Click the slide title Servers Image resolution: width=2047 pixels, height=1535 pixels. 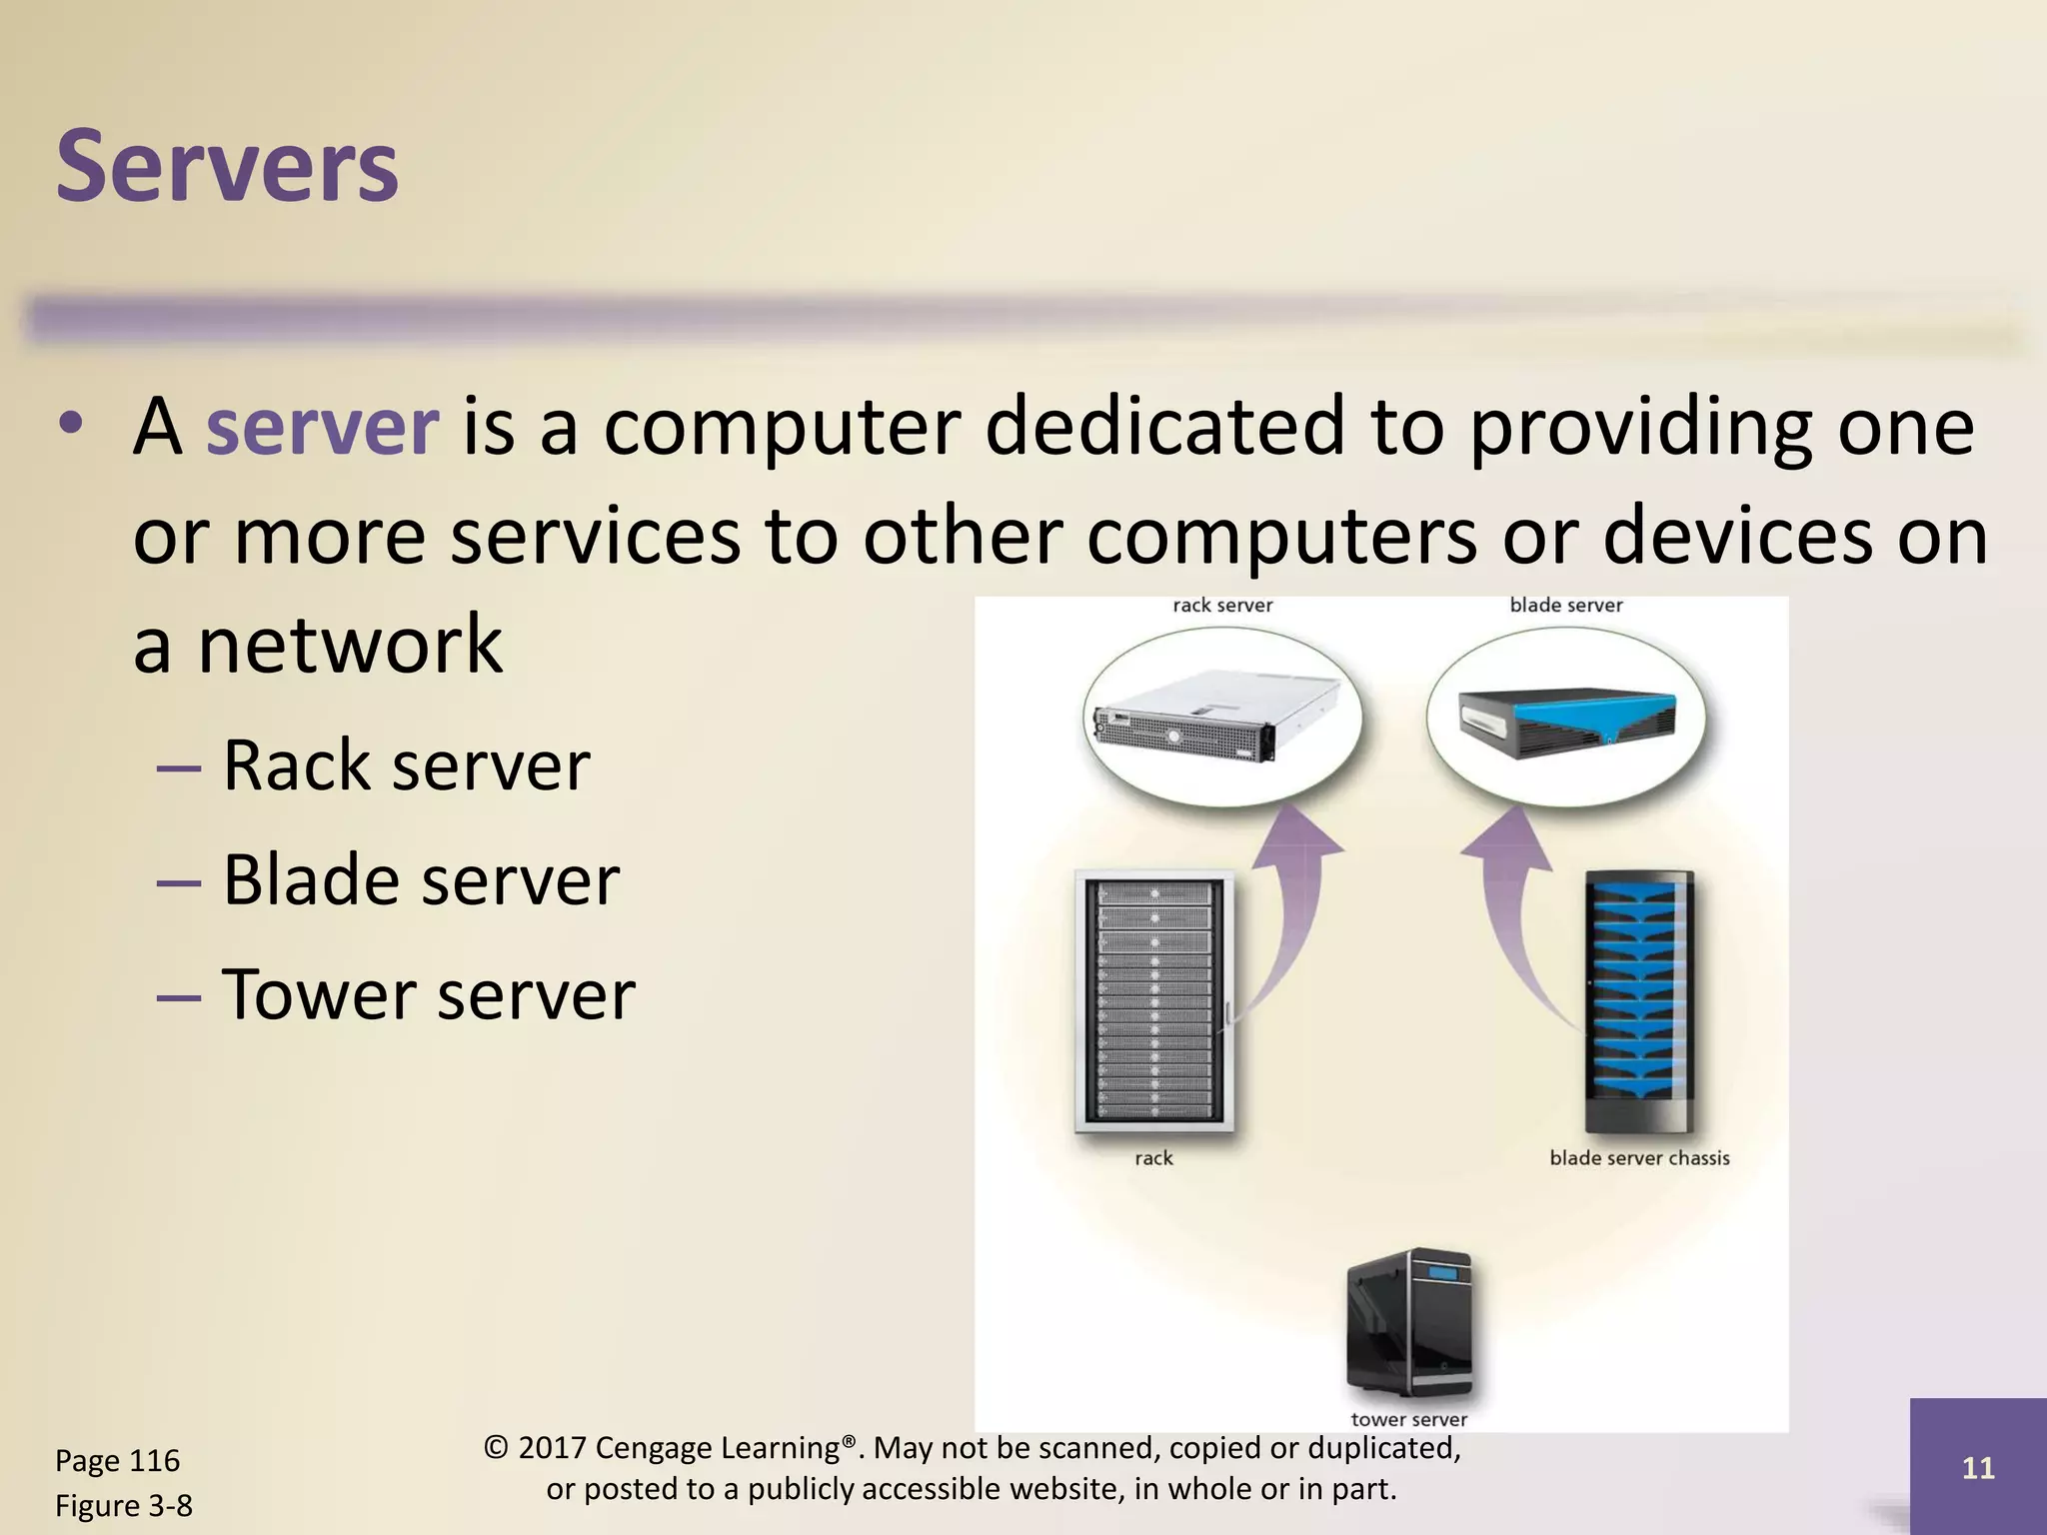[x=228, y=167]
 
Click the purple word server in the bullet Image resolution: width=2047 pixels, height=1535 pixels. [x=322, y=428]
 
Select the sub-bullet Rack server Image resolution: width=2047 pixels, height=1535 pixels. [x=405, y=766]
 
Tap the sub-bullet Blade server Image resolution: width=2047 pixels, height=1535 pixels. [x=420, y=880]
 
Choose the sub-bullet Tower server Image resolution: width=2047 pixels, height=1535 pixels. [x=428, y=995]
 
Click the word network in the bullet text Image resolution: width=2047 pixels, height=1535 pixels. [x=350, y=645]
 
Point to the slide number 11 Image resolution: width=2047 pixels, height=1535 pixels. [x=1978, y=1467]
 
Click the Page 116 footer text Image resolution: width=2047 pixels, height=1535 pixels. [x=117, y=1461]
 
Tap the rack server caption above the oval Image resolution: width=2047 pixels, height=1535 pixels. [x=1222, y=605]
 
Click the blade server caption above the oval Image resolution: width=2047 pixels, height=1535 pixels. [x=1565, y=605]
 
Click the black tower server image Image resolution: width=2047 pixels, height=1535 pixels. [x=1409, y=1321]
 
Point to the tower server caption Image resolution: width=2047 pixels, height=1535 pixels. [x=1408, y=1419]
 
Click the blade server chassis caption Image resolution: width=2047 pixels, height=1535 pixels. [x=1639, y=1158]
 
